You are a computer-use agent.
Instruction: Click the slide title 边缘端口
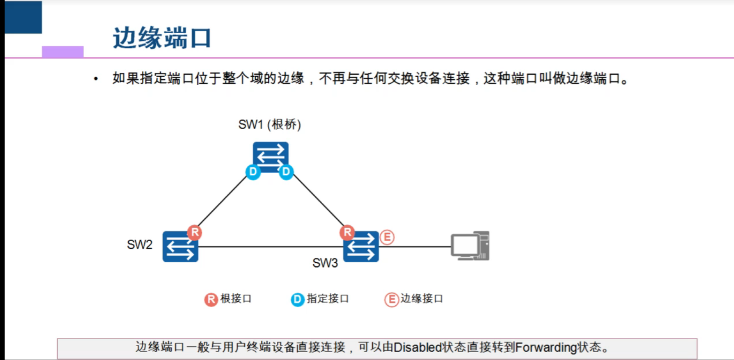(x=162, y=38)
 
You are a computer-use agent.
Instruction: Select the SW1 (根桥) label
(x=270, y=124)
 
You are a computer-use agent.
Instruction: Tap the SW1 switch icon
(x=270, y=155)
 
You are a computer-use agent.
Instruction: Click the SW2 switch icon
(x=180, y=247)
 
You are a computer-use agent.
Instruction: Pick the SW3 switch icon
(x=361, y=247)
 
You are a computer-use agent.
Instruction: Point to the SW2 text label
(x=139, y=244)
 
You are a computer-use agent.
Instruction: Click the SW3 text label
(x=325, y=263)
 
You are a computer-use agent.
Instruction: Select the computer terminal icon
(x=470, y=246)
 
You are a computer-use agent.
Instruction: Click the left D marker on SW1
(x=253, y=172)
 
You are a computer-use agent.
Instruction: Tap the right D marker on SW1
(x=286, y=172)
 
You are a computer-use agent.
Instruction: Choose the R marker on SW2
(x=194, y=232)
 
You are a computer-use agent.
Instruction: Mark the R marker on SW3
(x=347, y=232)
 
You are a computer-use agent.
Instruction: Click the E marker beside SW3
(x=387, y=237)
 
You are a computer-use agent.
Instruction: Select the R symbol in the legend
(x=211, y=300)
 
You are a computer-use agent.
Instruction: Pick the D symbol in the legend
(x=297, y=300)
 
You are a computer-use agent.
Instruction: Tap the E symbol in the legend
(x=391, y=300)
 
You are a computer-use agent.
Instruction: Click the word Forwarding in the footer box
(x=546, y=347)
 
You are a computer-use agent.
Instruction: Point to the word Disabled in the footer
(x=417, y=347)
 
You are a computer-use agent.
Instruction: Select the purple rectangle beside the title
(x=63, y=52)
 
